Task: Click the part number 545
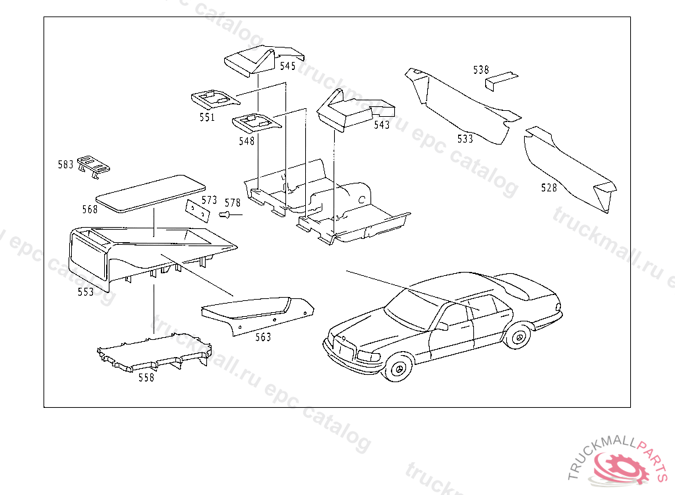287,66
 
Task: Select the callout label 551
207,117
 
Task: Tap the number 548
247,141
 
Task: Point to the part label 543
382,125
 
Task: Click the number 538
481,69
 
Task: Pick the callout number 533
465,139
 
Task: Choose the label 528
549,187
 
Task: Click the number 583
65,164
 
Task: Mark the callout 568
90,209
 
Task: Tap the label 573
209,199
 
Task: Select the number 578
233,203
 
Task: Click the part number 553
86,291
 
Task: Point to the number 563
263,337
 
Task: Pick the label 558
146,378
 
